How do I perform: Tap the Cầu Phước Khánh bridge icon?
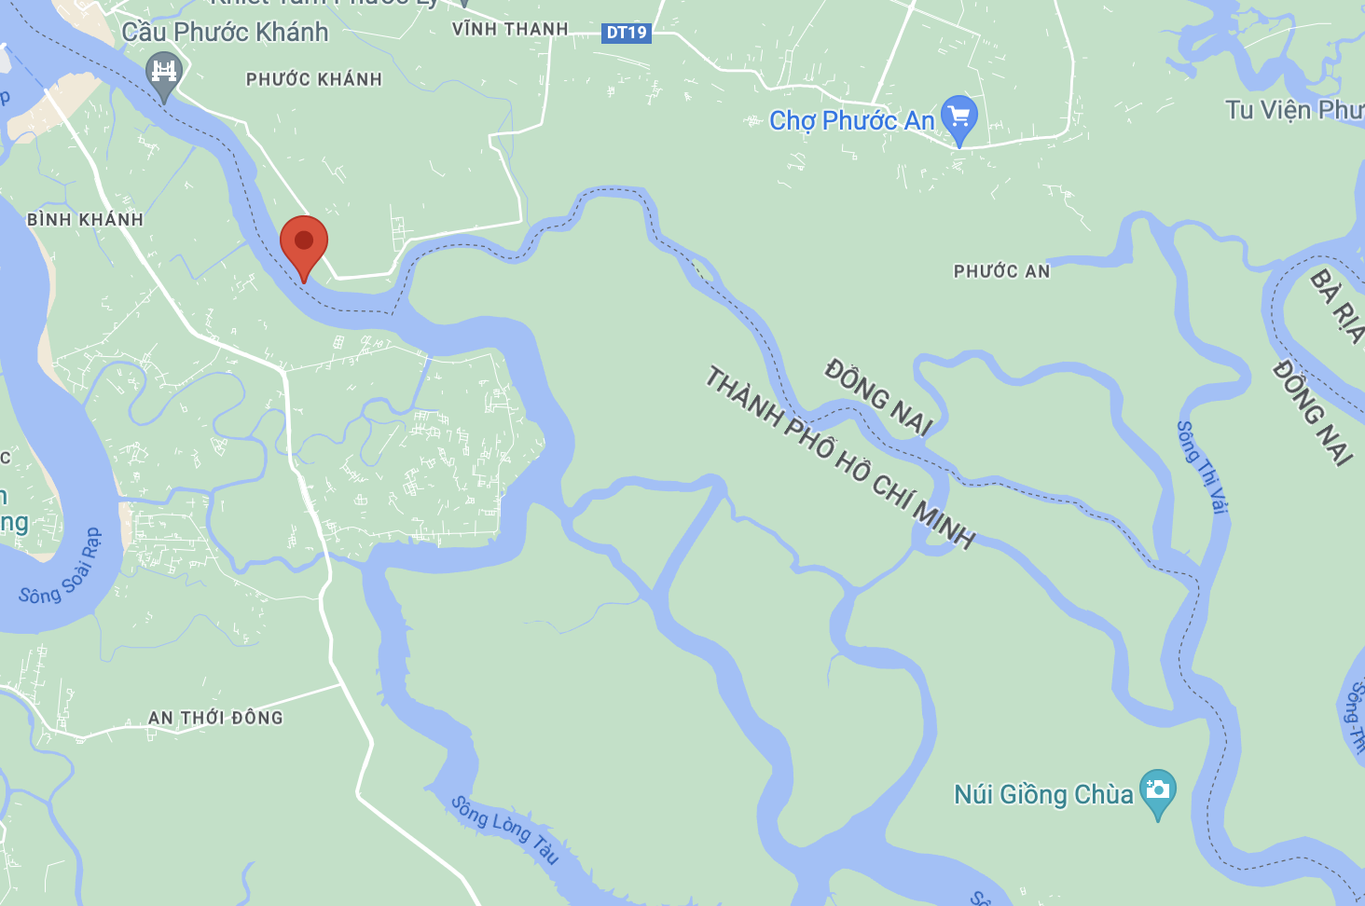163,72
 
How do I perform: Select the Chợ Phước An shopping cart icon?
959,117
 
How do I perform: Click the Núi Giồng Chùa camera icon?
1157,790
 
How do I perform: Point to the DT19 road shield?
627,33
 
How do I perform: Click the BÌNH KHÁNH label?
85,220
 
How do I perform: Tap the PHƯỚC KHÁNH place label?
314,79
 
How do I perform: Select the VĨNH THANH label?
510,29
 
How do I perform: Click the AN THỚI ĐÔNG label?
215,718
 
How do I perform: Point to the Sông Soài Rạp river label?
61,569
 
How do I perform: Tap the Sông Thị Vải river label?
1203,467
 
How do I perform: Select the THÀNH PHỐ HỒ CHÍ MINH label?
839,457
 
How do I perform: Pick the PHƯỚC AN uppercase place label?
1001,271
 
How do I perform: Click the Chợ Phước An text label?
851,121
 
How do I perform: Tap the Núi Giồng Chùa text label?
1043,795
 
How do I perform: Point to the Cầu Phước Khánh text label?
225,33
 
